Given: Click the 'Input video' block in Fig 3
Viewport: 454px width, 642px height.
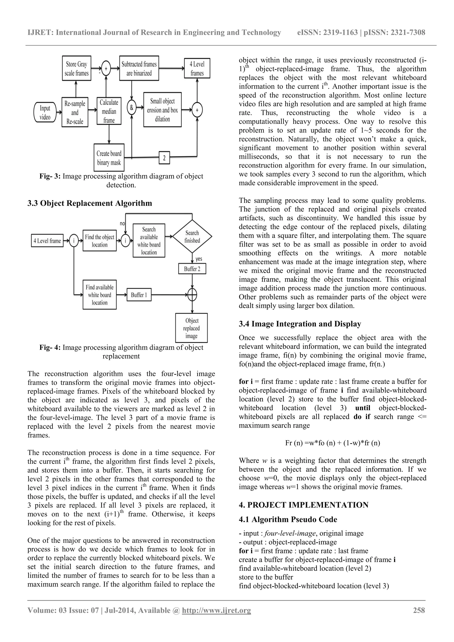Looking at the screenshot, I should [45, 112].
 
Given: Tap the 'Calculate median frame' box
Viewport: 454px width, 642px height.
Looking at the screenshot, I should [109, 111].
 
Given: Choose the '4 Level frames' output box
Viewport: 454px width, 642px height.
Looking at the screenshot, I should [197, 69].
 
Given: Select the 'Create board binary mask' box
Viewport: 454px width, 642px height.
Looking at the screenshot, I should [109, 158].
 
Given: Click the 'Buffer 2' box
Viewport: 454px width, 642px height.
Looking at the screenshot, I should [192, 269].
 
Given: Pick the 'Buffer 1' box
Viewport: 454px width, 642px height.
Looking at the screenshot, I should [139, 295].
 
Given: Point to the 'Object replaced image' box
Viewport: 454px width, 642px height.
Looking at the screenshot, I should [192, 328].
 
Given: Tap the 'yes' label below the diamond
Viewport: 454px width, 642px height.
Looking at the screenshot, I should [199, 259].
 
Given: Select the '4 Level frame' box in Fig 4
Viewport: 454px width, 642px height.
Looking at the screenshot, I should [47, 241].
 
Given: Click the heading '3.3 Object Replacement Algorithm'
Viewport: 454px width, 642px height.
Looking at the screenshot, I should [90, 203].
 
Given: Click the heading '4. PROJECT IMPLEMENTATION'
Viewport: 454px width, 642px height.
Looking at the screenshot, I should [304, 505].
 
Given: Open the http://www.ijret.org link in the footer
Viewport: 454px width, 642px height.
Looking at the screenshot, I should [216, 618].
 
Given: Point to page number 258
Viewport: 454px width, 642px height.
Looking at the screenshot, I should [419, 618].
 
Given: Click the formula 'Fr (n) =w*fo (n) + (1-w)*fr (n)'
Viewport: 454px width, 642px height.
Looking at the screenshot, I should [332, 443].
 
